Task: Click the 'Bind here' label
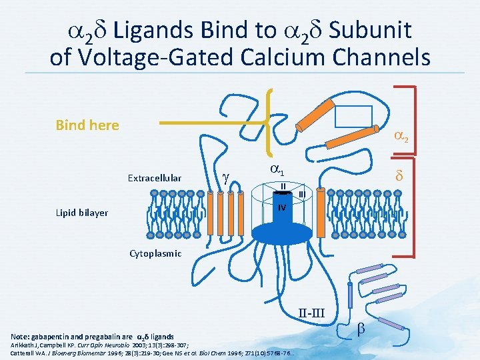coord(87,125)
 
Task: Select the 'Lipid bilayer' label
coord(82,213)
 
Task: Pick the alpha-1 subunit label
coord(279,169)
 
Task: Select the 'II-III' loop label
coord(311,313)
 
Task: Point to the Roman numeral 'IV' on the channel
coord(282,207)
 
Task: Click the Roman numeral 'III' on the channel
coord(301,193)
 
